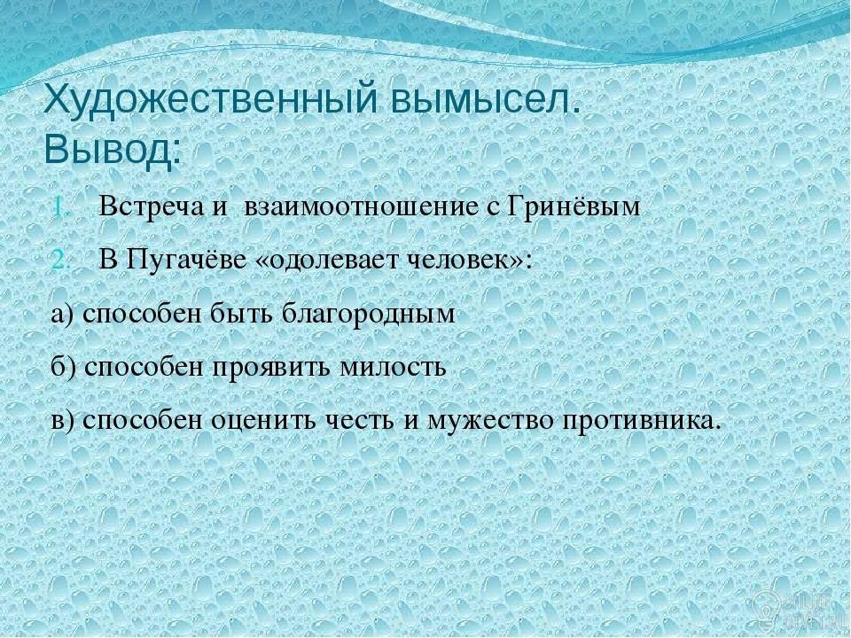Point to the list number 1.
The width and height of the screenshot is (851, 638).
(x=62, y=208)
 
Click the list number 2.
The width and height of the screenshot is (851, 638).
(x=62, y=261)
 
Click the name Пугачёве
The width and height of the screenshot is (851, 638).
(x=185, y=261)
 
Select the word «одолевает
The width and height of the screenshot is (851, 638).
(x=328, y=261)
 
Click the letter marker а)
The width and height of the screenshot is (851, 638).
(x=65, y=315)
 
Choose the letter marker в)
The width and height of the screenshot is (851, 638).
(x=65, y=422)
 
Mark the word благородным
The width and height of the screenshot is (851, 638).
(x=369, y=314)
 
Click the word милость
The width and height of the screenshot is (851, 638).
(x=393, y=367)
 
